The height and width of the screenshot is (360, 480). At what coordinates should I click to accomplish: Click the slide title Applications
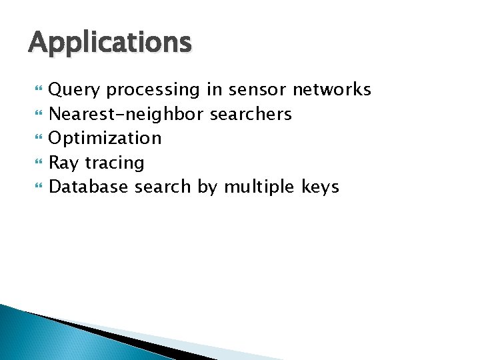pos(110,43)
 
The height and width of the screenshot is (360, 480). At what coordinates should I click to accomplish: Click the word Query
pos(75,90)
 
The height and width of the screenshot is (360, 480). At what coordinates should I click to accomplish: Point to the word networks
pos(332,90)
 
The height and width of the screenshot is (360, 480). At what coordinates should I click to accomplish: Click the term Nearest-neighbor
pos(127,114)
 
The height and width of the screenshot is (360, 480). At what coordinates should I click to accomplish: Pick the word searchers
pos(251,114)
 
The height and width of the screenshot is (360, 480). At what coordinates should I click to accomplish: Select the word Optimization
pos(105,138)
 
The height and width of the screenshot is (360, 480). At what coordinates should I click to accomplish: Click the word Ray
pos(63,163)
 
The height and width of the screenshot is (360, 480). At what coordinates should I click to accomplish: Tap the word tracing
pos(114,163)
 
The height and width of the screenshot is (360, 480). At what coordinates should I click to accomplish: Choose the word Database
pos(89,187)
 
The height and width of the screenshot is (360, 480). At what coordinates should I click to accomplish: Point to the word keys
pos(321,187)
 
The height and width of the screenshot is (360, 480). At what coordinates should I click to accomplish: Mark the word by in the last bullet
pos(207,187)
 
